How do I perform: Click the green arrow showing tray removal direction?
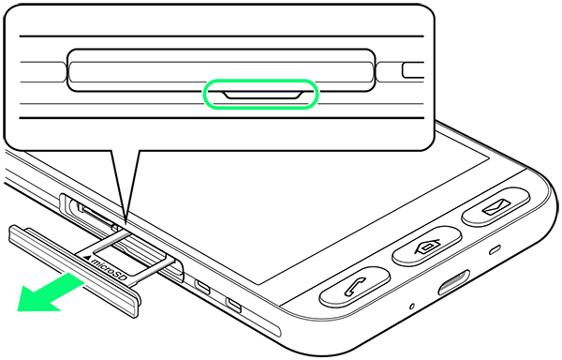[51, 292]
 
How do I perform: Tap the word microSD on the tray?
[110, 268]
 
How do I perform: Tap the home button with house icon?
[427, 246]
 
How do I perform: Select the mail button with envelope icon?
[495, 206]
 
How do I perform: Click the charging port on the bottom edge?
[454, 282]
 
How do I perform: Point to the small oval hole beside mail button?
[495, 250]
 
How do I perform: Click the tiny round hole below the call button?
[412, 307]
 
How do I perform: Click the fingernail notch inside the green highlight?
[262, 95]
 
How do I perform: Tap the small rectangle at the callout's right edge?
[413, 70]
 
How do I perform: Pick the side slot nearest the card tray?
[202, 286]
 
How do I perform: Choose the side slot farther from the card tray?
[233, 304]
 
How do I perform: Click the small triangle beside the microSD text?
[87, 257]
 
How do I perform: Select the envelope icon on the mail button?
[496, 206]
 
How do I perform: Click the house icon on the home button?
[427, 246]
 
